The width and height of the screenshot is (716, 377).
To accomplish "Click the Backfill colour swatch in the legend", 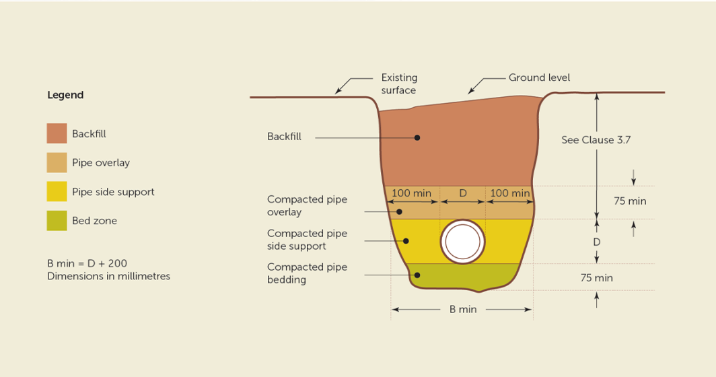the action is [57, 133].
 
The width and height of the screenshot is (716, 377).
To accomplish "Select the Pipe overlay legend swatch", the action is [57, 163].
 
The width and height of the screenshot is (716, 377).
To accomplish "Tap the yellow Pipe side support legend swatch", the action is [57, 191].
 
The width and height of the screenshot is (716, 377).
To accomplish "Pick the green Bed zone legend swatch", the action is [57, 221].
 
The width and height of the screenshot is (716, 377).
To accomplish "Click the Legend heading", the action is [65, 95].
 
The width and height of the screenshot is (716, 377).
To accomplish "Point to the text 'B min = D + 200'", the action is [87, 263].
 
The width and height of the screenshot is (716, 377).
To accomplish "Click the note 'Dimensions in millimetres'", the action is [109, 276].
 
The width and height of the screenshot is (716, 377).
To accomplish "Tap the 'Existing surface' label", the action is [399, 83].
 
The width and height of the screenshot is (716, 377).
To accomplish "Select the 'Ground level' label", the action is [539, 77].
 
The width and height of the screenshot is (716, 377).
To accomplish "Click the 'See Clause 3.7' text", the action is [596, 140].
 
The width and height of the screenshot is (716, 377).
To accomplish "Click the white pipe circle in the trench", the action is [462, 242].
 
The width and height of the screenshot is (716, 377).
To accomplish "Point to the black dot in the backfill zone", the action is [417, 137].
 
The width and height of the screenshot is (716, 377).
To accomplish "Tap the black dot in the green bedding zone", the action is [417, 275].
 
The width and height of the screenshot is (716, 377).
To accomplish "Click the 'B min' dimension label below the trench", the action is [463, 310].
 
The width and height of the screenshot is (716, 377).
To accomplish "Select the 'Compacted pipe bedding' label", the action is [307, 273].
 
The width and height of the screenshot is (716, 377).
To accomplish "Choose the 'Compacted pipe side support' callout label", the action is [307, 240].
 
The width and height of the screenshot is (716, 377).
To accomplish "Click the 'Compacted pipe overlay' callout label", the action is [307, 205].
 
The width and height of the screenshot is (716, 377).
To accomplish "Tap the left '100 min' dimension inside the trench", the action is [411, 193].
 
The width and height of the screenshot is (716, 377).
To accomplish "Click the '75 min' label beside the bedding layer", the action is [596, 278].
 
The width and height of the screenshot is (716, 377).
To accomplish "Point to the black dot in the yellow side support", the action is [406, 241].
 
